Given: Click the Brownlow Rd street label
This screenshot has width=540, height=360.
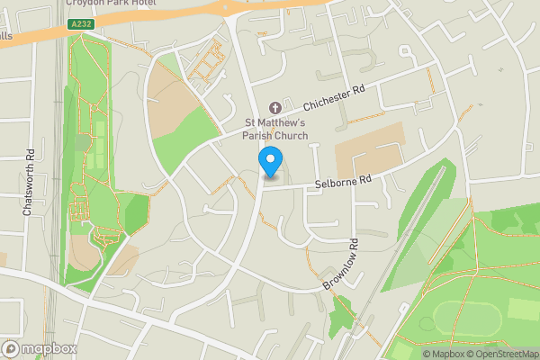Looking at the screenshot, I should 343,264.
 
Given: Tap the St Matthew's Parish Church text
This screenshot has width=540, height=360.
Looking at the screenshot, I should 276,129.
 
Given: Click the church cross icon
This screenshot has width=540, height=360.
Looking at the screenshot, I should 276,108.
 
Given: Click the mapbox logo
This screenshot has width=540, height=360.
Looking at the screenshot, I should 40,348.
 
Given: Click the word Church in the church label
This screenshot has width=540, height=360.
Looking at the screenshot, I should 290,136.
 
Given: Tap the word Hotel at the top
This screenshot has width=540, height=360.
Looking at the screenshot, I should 140,4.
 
